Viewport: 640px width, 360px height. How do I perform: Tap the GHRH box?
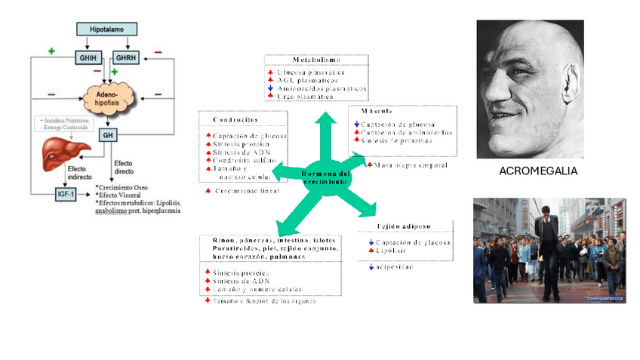point(125,58)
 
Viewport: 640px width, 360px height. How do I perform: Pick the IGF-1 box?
point(66,194)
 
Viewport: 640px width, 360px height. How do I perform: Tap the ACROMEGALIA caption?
point(538,171)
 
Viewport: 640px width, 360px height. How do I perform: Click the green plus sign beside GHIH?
point(51,51)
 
